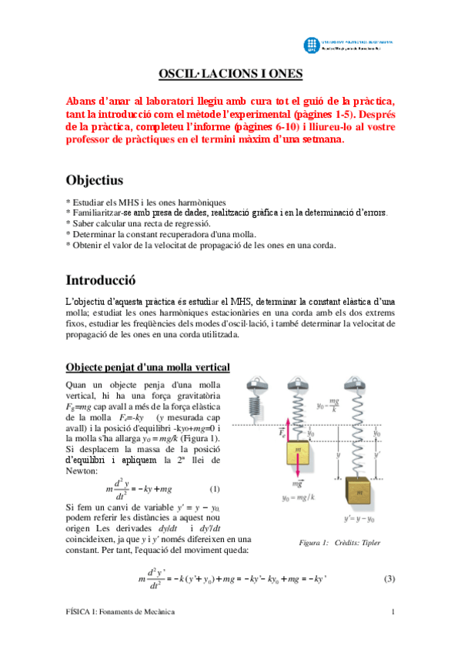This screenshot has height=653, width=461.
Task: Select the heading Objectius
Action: point(95,180)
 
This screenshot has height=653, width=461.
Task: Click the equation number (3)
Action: point(389,579)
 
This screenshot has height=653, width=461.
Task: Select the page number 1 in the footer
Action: point(393,611)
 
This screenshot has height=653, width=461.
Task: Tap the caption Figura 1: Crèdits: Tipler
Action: point(339,543)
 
